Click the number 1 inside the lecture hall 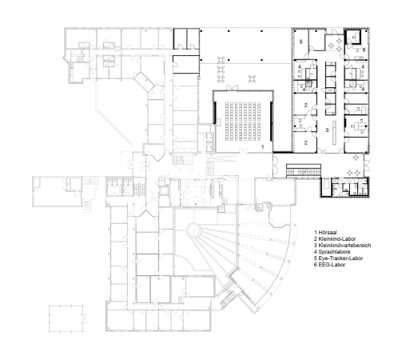tap(263, 147)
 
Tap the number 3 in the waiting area tap(326, 129)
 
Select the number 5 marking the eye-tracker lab tap(301, 41)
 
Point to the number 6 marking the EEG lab tap(364, 50)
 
